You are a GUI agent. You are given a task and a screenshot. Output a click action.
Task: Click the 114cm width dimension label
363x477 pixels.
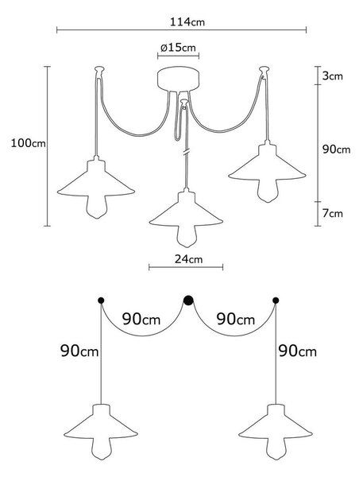187,22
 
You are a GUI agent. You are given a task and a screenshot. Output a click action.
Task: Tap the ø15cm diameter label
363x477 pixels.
178,48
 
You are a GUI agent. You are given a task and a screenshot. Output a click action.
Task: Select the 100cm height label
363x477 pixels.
29,142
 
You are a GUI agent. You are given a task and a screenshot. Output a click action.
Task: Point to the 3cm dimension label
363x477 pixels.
333,76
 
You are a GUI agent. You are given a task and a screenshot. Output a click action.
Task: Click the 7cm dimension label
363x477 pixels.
333,213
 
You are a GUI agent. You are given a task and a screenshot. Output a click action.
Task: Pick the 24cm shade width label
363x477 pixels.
188,259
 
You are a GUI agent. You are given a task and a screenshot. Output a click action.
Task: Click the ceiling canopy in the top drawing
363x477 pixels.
179,79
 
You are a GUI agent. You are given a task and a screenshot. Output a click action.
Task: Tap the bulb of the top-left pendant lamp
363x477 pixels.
96,207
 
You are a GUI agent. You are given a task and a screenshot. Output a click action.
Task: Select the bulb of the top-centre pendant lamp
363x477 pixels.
186,236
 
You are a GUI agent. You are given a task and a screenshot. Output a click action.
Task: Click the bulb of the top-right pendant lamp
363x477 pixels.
268,191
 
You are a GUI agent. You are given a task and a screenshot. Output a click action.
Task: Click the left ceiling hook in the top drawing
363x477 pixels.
99,71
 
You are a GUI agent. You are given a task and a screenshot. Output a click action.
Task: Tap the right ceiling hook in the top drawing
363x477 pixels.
264,71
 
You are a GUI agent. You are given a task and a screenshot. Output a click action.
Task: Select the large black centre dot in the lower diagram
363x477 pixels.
188,301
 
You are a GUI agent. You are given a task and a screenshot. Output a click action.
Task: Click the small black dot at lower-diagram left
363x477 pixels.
101,301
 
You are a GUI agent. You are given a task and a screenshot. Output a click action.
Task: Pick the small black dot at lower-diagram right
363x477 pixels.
276,301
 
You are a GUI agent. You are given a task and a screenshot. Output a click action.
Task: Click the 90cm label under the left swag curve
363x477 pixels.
141,319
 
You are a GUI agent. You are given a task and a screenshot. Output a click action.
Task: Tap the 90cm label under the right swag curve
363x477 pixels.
236,319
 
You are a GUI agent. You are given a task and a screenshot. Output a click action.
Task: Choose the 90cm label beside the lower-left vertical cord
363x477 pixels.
79,351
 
